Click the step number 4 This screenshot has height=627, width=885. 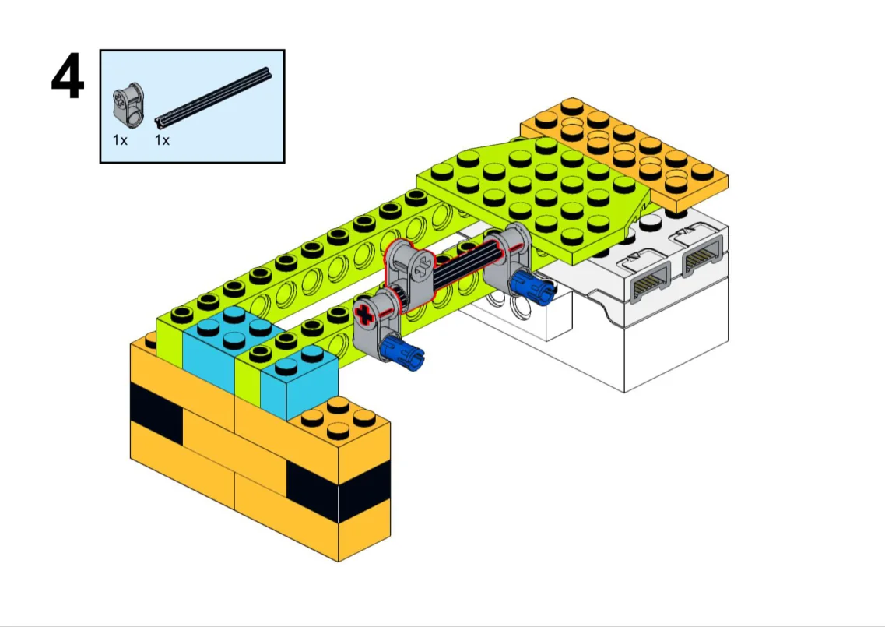68,77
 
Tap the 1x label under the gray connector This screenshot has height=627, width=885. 120,140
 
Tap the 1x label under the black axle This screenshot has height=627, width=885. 162,140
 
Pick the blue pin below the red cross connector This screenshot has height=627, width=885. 402,353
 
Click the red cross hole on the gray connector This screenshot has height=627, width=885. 364,315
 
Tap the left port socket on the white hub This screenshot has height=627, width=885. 646,282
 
